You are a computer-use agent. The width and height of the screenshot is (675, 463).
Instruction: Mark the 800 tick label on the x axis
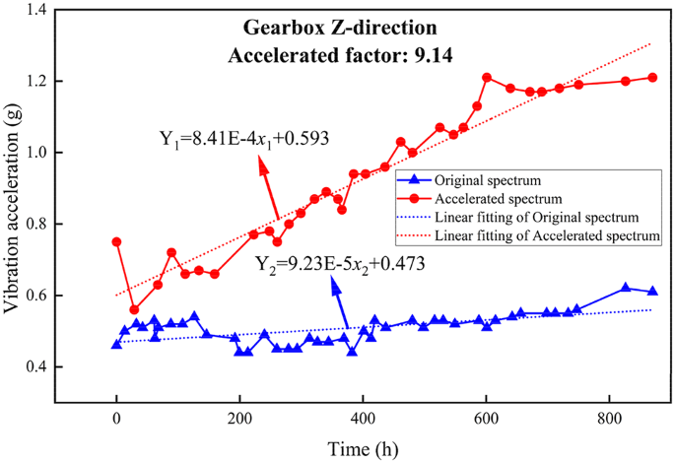(x=609, y=415)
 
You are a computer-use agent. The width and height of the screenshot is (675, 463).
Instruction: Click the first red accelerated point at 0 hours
(x=116, y=241)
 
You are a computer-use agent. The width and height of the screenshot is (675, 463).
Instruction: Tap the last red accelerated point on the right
(x=652, y=77)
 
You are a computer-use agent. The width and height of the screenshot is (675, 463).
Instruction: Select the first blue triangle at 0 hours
(x=116, y=344)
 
